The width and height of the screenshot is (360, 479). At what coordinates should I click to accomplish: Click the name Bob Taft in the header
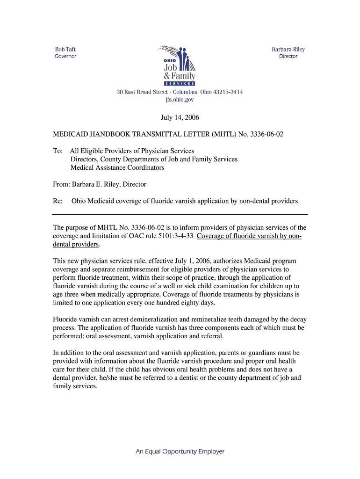[x=65, y=49]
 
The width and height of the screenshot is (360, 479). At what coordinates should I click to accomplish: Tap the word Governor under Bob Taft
[x=65, y=56]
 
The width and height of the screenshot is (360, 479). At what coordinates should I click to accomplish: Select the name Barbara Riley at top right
[x=288, y=49]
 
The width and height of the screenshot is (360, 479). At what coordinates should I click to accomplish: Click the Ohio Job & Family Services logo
[x=179, y=65]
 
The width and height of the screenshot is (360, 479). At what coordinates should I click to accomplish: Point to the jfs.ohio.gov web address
[x=180, y=100]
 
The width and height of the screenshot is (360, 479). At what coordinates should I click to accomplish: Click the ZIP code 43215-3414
[x=224, y=92]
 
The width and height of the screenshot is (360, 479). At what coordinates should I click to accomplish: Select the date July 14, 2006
[x=180, y=117]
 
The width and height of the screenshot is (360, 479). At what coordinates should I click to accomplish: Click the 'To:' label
[x=58, y=151]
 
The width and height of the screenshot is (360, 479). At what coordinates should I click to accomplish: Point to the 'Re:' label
[x=58, y=201]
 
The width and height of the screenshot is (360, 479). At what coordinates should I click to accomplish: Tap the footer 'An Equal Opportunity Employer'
[x=180, y=451]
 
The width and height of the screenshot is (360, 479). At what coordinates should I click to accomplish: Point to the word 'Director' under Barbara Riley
[x=288, y=56]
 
